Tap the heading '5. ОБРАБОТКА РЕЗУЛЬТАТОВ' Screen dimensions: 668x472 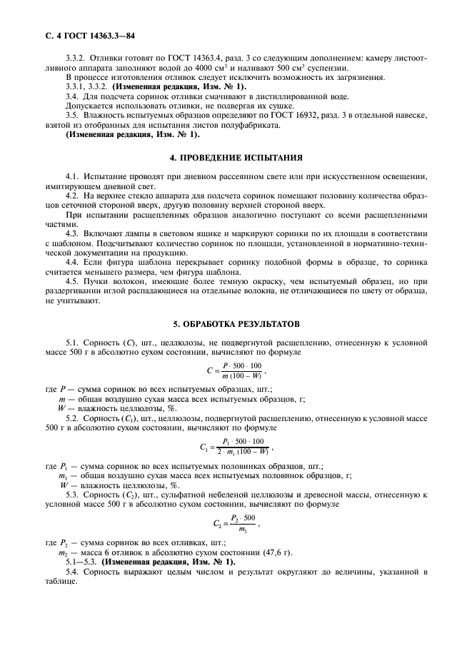coord(236,324)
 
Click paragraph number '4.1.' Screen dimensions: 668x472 coord(72,176)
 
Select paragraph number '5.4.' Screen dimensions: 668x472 coord(72,573)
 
